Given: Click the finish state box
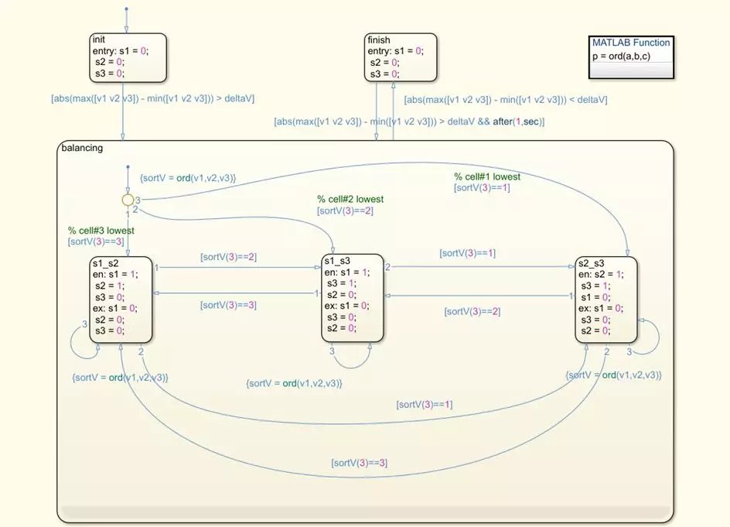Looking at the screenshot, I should pos(400,56).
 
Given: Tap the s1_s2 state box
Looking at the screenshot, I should pos(120,299).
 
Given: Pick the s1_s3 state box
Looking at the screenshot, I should pos(353,297).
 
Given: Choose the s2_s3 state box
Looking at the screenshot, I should pos(606,299).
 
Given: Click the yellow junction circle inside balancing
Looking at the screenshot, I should pos(128,200).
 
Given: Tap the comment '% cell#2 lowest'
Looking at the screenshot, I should pos(350,199).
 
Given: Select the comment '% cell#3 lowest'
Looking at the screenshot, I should pos(101,231).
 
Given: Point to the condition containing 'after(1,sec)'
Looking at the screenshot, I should pos(409,121).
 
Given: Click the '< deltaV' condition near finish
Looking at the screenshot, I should pos(506,99).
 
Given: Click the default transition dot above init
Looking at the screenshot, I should pos(126,9).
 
